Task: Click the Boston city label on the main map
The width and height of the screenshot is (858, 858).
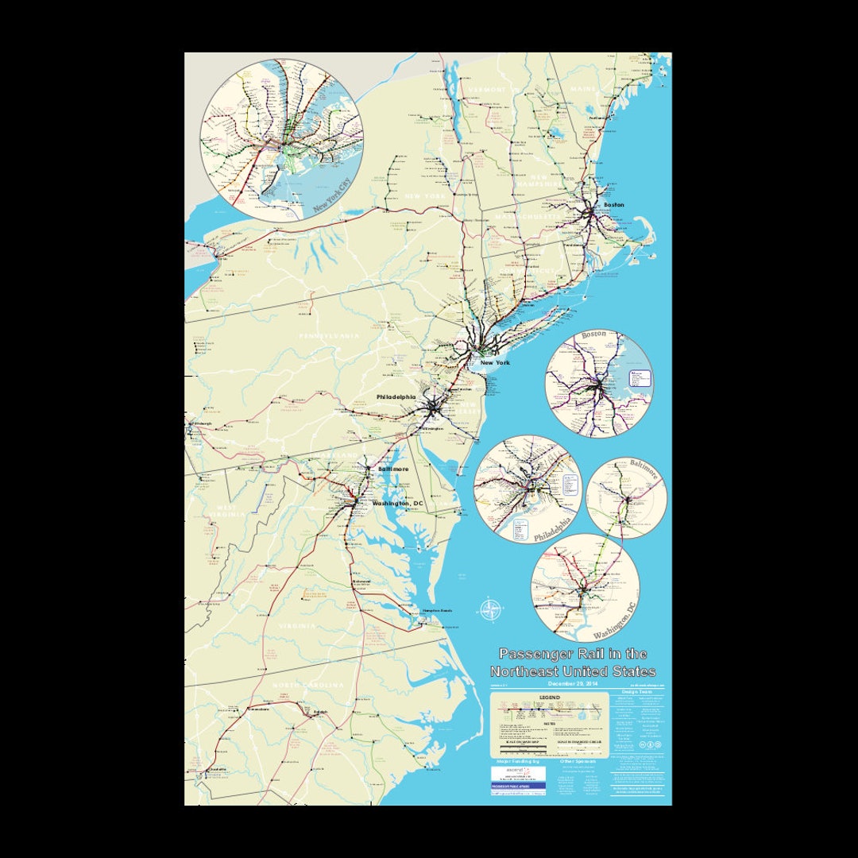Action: click(x=614, y=205)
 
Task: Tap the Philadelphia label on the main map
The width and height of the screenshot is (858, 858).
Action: click(x=396, y=396)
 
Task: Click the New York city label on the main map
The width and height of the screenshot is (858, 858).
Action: click(x=495, y=362)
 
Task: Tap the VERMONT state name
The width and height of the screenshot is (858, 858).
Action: click(x=487, y=90)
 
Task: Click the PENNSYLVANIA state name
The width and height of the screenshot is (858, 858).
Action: click(x=329, y=336)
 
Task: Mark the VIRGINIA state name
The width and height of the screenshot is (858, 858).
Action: click(x=297, y=626)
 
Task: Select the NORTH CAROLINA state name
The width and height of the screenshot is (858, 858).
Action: click(x=308, y=685)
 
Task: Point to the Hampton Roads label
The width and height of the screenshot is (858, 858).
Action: click(x=437, y=610)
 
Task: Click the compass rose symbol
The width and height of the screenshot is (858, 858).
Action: click(x=491, y=611)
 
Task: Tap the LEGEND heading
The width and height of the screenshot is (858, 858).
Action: click(x=550, y=698)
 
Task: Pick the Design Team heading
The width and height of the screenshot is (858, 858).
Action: click(x=636, y=692)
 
